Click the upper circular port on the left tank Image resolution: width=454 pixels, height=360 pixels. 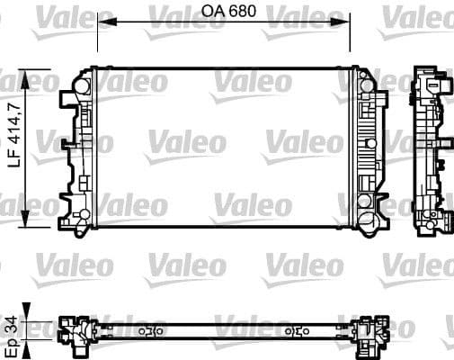[x=80, y=86]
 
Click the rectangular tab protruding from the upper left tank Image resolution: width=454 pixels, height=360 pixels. [x=68, y=94]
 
